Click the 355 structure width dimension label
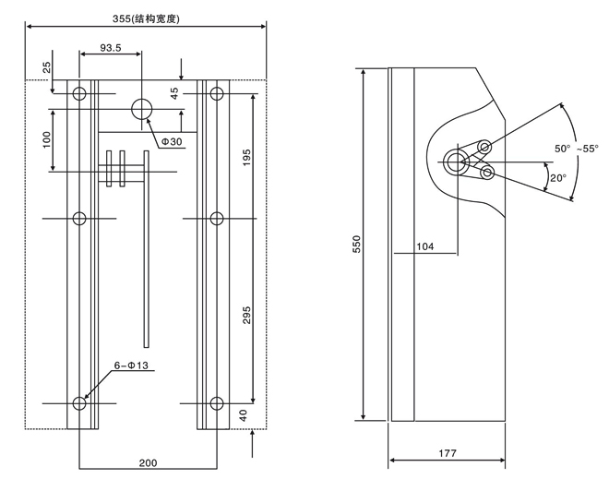point(147,18)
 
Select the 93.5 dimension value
point(112,47)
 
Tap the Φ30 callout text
point(173,141)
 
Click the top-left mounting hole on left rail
point(79,93)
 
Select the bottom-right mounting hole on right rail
point(218,403)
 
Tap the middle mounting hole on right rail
point(218,219)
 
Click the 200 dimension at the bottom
point(149,461)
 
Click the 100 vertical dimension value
point(46,141)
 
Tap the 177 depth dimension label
point(447,452)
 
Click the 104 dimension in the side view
point(425,246)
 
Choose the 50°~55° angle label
point(576,148)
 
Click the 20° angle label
point(557,178)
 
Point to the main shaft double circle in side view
point(455,163)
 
